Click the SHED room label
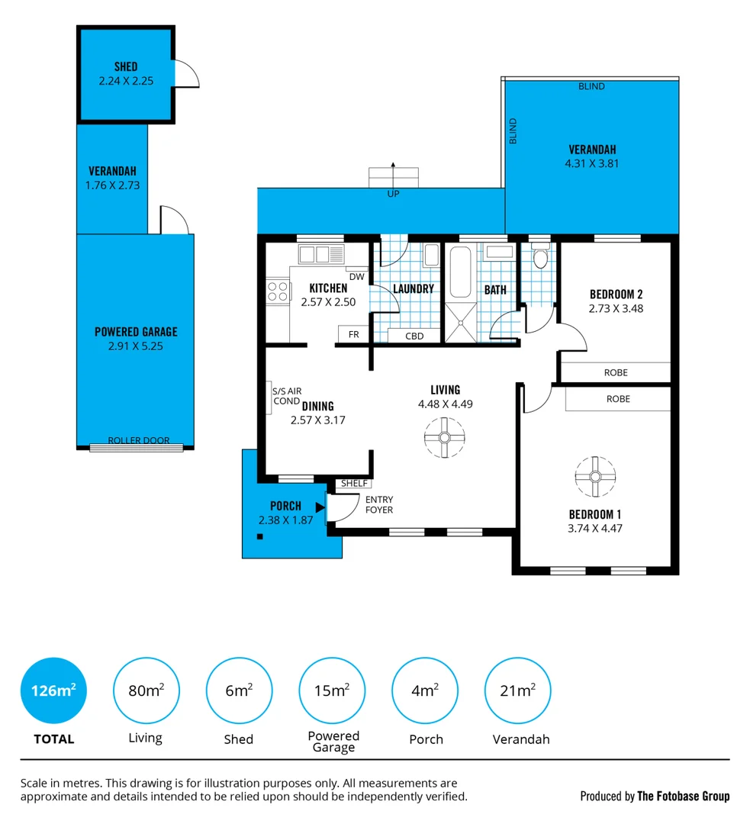click(126, 66)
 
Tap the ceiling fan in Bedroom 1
click(595, 477)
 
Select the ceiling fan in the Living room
click(445, 437)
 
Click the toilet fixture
click(540, 256)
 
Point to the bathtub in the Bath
click(460, 272)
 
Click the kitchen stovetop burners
click(278, 291)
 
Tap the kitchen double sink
click(321, 254)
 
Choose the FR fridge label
click(354, 334)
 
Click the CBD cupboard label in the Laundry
click(414, 336)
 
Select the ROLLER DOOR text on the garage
click(139, 440)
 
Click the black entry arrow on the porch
click(320, 507)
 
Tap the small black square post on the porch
click(259, 536)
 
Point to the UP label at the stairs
click(393, 194)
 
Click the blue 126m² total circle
click(53, 690)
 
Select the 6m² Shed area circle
click(239, 690)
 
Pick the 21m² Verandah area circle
click(518, 690)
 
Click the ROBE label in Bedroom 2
click(616, 372)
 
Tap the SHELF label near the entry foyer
click(354, 484)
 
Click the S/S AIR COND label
click(287, 396)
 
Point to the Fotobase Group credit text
click(655, 796)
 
